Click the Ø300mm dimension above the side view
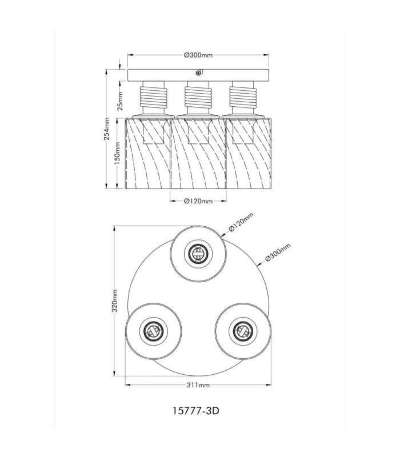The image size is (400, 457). pos(198,55)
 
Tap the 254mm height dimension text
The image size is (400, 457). pos(107,129)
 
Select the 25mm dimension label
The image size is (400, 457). pos(120,101)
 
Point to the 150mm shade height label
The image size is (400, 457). pos(117,153)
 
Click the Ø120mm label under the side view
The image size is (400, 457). pos(198,201)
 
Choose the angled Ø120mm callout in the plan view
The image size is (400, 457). pos(241,222)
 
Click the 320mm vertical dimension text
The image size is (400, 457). pos(115,301)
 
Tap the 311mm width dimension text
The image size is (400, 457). pos(198,385)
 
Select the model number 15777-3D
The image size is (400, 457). pos(196,411)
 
